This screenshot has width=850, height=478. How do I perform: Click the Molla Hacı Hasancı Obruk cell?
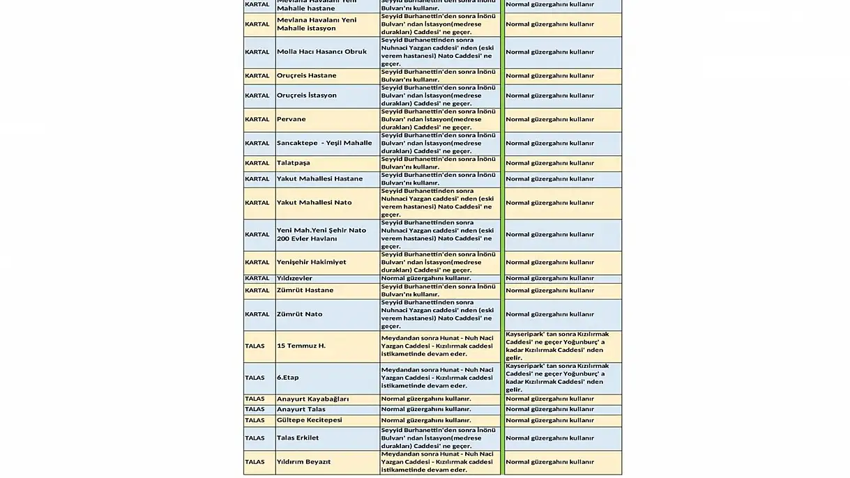point(321,52)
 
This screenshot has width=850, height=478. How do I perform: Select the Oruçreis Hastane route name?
point(306,75)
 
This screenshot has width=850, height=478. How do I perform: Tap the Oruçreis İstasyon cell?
point(307,95)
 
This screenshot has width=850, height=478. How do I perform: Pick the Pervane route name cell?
point(291,119)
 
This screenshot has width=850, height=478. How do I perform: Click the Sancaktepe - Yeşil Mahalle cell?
point(324,143)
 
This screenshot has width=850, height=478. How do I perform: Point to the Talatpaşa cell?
point(294,163)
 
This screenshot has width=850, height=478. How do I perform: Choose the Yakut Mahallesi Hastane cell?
point(319,179)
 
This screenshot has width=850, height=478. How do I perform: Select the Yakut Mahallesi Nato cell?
point(314,203)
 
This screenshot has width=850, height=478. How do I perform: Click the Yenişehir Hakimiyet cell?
point(311,262)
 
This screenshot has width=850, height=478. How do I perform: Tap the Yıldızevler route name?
point(294,278)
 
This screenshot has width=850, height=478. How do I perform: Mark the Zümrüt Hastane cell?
point(305,290)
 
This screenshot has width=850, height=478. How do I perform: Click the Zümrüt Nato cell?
point(299,314)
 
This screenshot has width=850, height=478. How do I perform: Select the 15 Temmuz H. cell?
point(301,346)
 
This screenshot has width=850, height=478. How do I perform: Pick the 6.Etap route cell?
point(288,378)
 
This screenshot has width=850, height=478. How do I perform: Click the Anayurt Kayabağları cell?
point(312,399)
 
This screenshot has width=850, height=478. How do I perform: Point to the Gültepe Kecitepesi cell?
point(309,420)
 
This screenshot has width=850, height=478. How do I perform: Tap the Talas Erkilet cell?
point(298,438)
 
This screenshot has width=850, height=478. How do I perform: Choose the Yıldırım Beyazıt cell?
point(303,462)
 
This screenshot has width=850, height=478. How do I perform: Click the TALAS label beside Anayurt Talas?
point(255,409)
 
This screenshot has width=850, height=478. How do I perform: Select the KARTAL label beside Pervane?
point(257,119)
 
